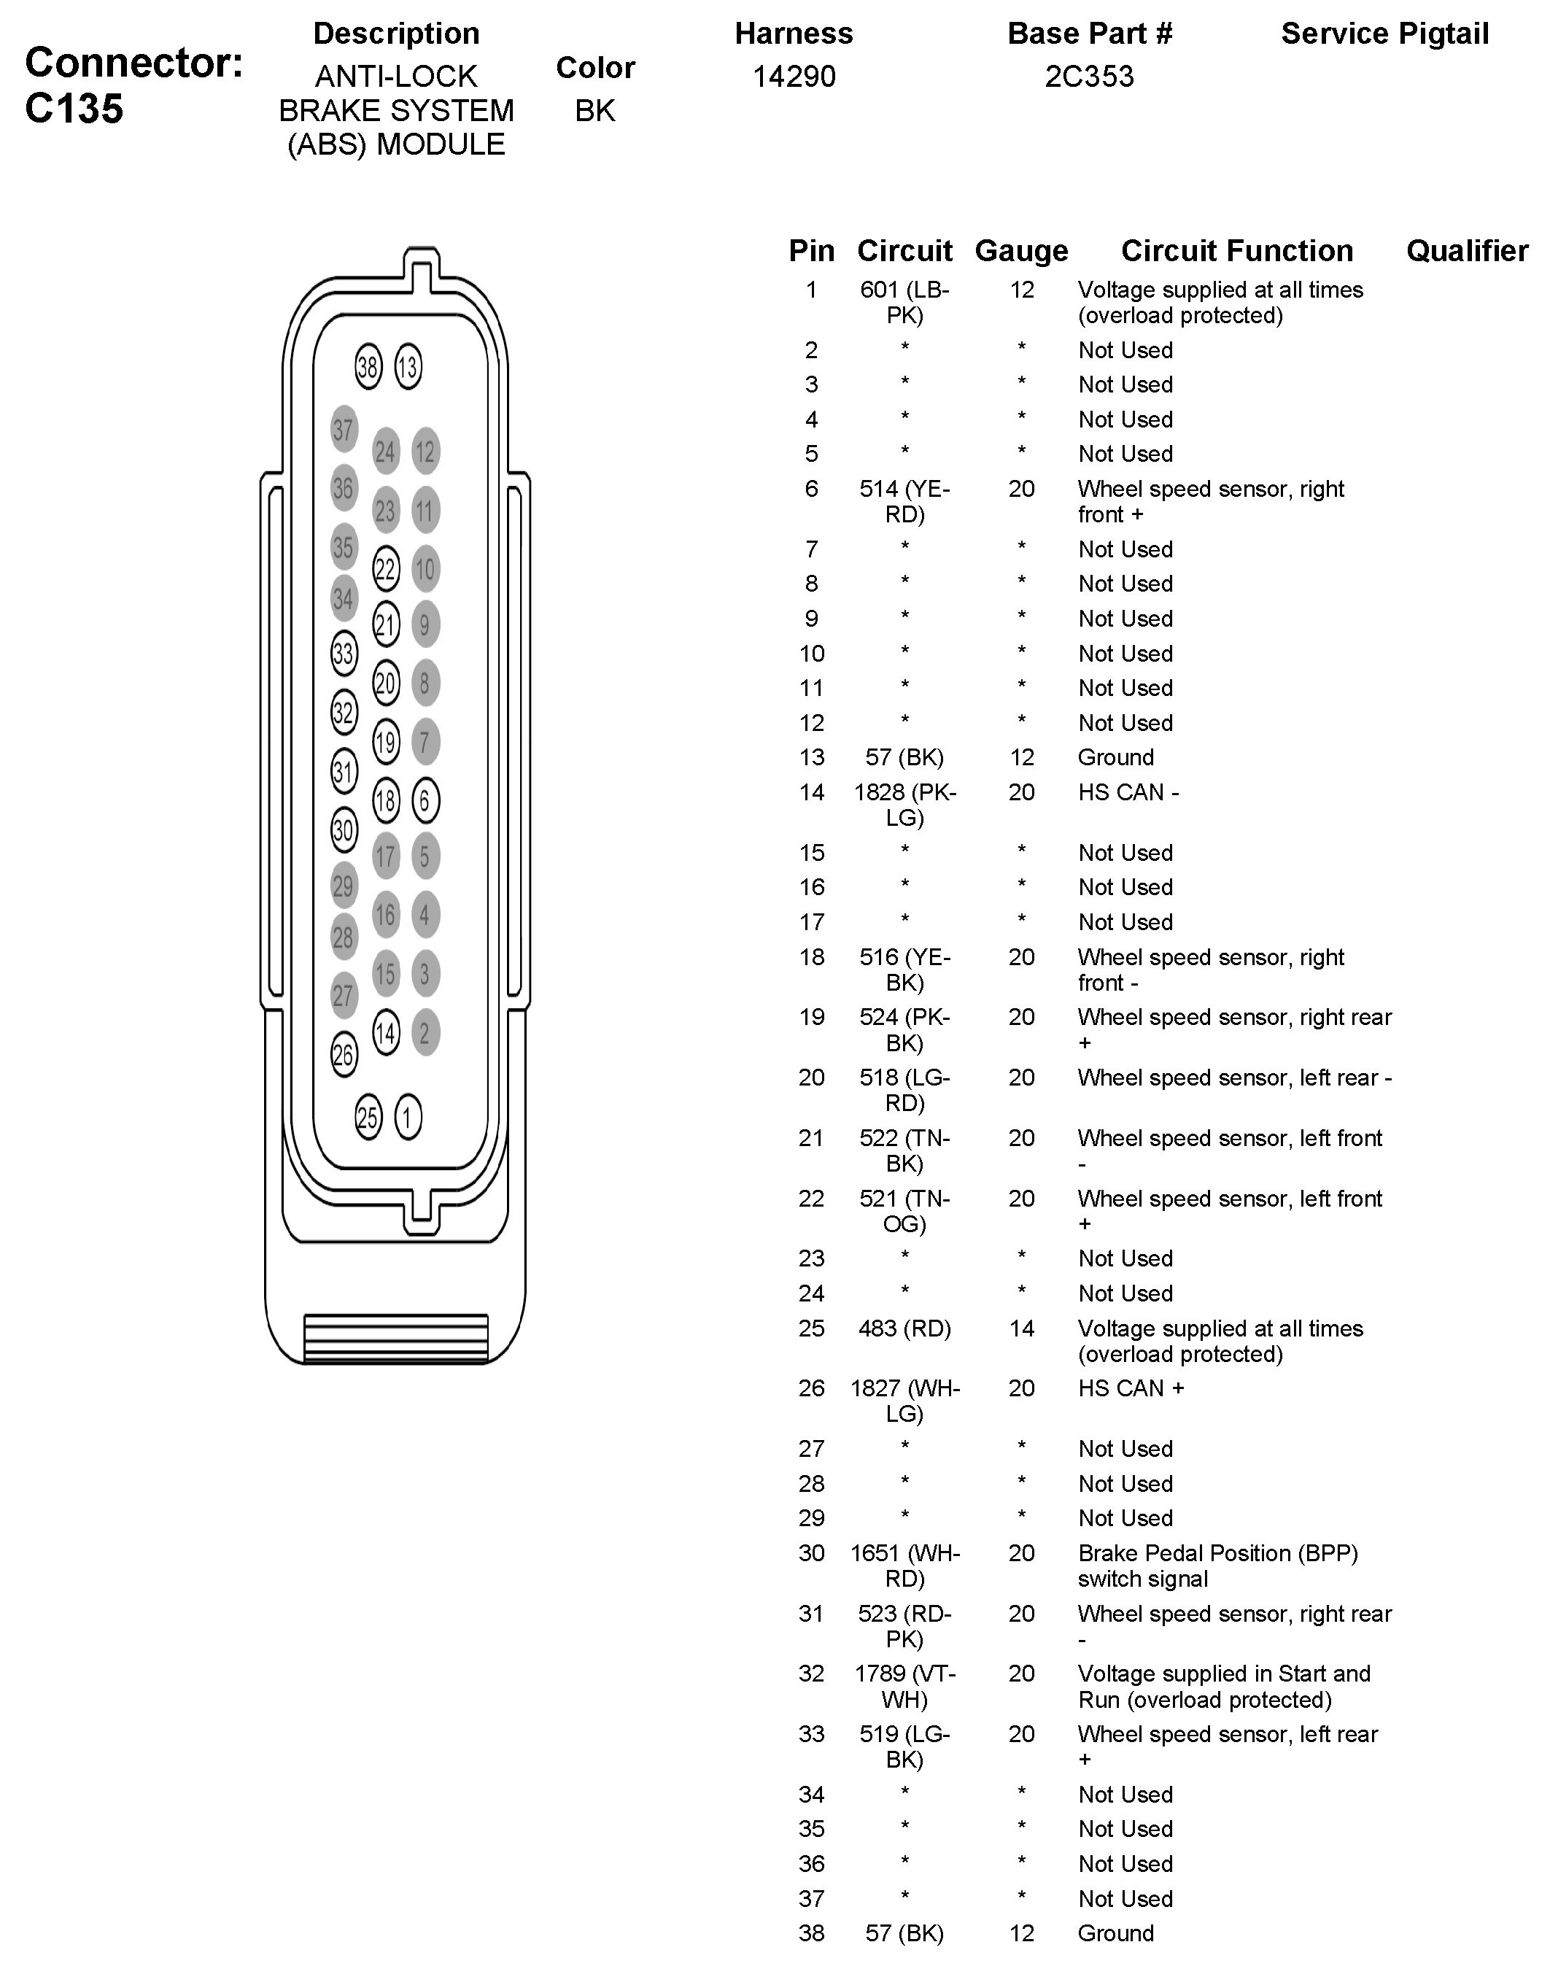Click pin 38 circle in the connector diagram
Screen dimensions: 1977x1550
[x=368, y=367]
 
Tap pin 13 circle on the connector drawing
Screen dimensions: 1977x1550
[x=408, y=367]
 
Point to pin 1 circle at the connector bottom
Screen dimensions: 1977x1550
[x=408, y=1118]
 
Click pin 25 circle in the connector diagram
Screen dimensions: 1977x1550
[x=368, y=1118]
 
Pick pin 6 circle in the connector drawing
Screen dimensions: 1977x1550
[x=425, y=800]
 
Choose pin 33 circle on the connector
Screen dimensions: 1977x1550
[x=343, y=653]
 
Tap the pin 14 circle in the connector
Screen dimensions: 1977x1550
[x=386, y=1032]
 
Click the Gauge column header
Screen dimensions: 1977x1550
[x=1021, y=250]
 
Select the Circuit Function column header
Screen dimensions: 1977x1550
[x=1236, y=250]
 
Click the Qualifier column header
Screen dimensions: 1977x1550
[x=1467, y=250]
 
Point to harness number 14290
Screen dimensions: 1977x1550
[x=794, y=77]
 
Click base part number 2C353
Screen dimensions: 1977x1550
[x=1089, y=77]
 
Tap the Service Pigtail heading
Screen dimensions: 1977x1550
[x=1385, y=34]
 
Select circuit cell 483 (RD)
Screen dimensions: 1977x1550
[x=904, y=1329]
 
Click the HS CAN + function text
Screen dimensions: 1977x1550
[x=1131, y=1389]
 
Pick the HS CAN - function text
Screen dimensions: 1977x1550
[x=1128, y=792]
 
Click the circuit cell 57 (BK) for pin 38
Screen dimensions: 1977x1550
[x=904, y=1933]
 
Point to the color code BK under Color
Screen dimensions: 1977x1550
[x=595, y=111]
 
